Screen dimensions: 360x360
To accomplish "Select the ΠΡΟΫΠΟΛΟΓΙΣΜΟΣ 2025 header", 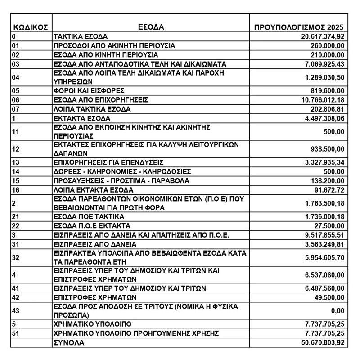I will point(299,27).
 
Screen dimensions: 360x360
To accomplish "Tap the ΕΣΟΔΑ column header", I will point(151,27).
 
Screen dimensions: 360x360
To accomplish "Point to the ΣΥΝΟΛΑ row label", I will point(69,343).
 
